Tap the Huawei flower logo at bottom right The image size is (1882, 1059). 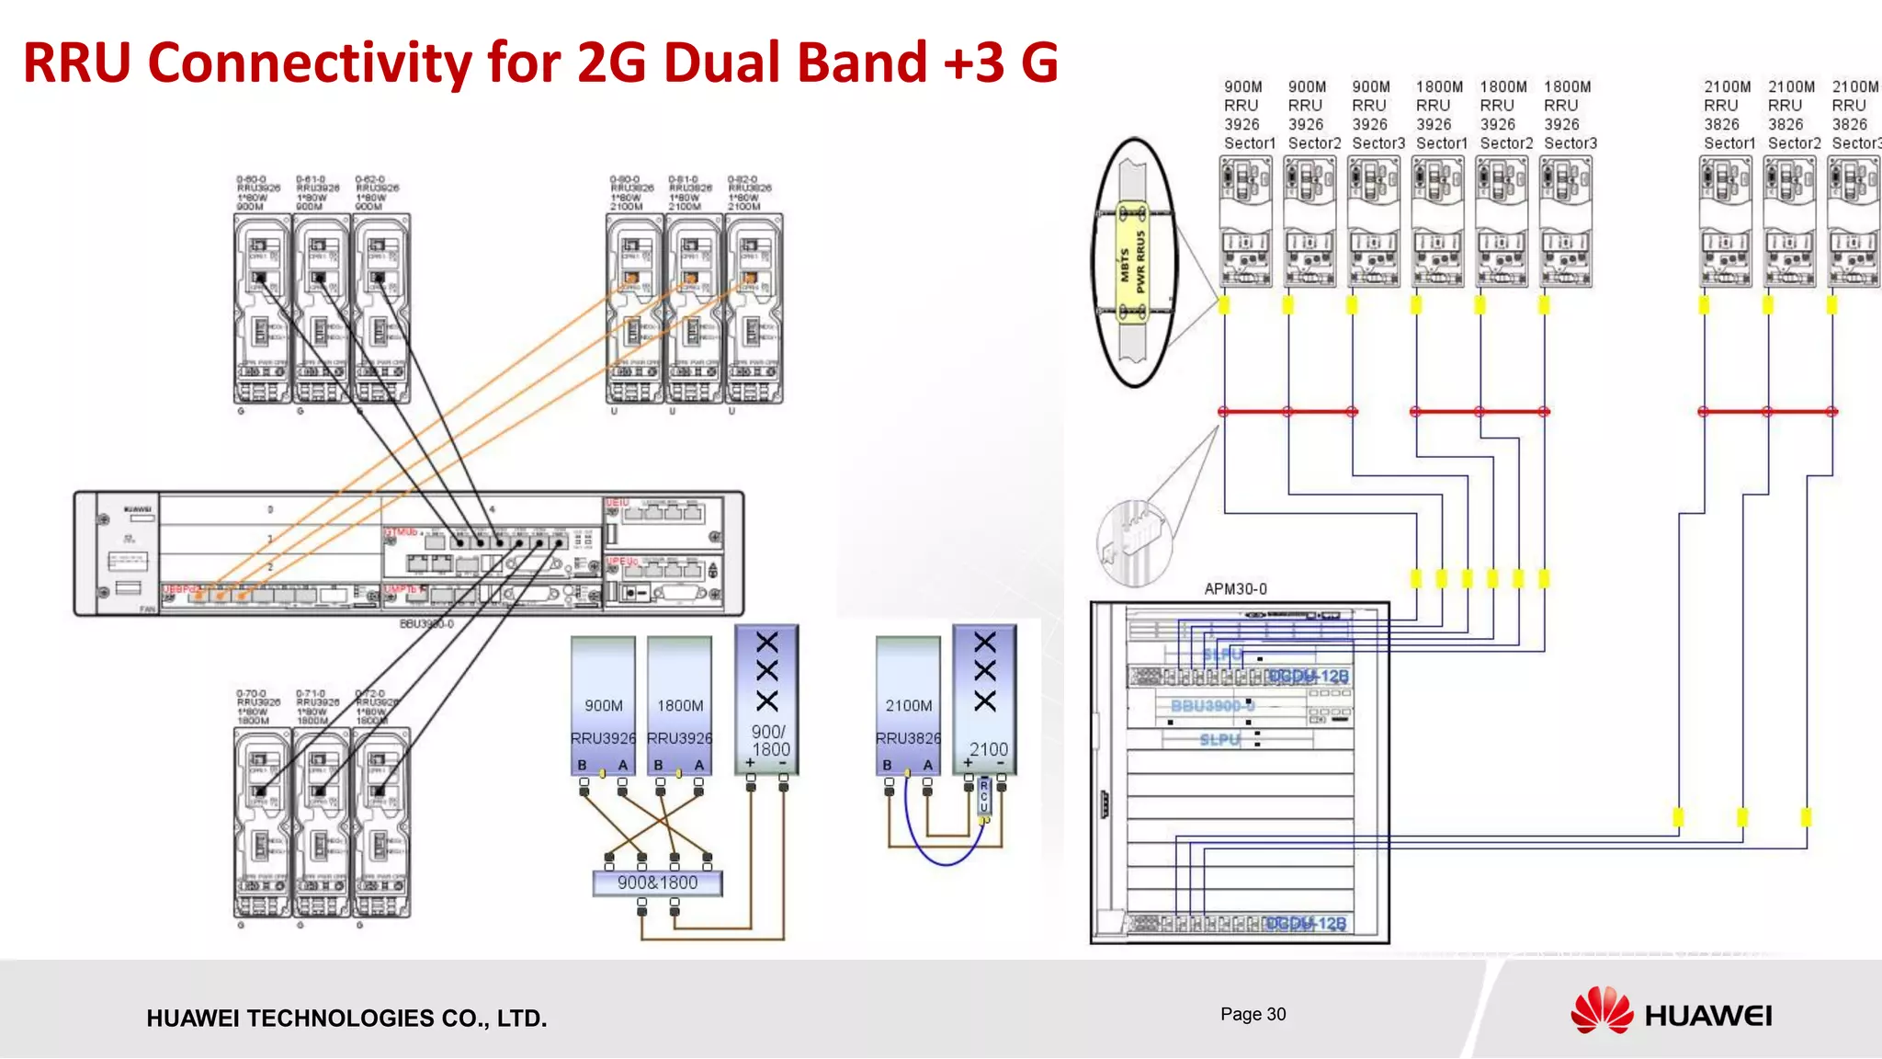1602,1011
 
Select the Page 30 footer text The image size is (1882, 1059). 1253,1014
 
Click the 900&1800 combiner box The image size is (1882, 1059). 657,882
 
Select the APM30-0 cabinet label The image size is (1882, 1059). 1235,588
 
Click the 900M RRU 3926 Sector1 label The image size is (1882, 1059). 1248,115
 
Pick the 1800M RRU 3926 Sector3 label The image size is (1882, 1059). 1569,115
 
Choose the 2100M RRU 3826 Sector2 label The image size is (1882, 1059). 1792,115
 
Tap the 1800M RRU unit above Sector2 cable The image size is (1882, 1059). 1502,221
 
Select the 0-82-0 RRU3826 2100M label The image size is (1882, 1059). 750,193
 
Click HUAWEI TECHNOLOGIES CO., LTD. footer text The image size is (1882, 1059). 346,1018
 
